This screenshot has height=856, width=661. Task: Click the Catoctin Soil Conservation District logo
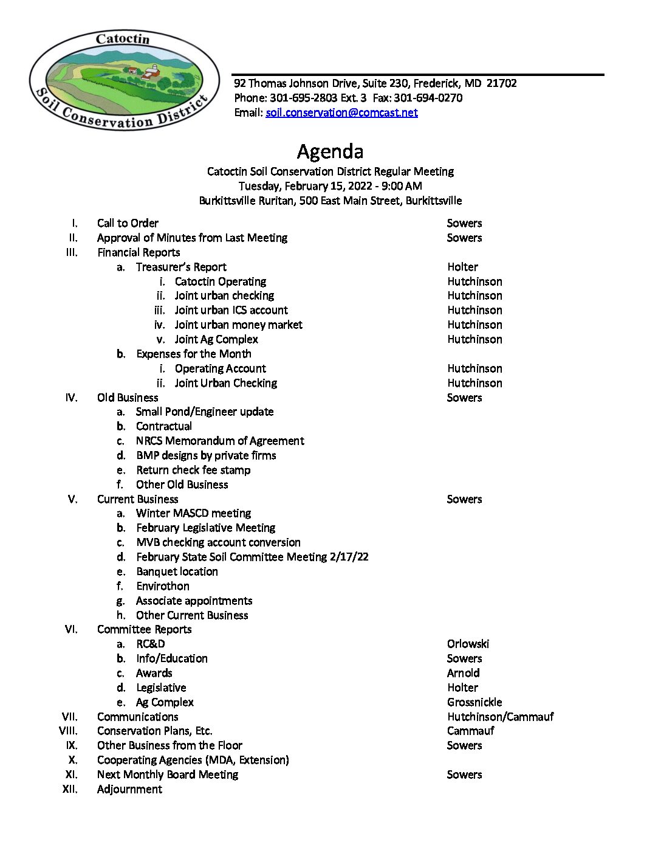[125, 80]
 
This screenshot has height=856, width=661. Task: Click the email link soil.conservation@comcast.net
[341, 112]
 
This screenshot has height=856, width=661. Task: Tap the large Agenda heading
[330, 151]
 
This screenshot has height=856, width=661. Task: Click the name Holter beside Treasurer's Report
[462, 267]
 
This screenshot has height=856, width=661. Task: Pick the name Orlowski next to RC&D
[468, 644]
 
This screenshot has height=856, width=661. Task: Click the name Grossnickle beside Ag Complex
[474, 702]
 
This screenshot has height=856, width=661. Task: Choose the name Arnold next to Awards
[463, 673]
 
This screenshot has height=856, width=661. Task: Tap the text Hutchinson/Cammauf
[500, 717]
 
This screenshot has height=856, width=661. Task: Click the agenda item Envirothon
[163, 586]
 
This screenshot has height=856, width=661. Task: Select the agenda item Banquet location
[177, 571]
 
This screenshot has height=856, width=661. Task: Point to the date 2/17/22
[349, 557]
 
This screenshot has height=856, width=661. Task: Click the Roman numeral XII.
[70, 789]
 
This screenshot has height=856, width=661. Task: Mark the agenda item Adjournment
[129, 789]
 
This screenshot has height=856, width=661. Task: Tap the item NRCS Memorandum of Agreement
[220, 441]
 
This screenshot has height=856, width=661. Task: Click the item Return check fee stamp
[193, 470]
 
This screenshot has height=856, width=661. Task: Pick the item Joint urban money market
[238, 325]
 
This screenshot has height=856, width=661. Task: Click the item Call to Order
[128, 223]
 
